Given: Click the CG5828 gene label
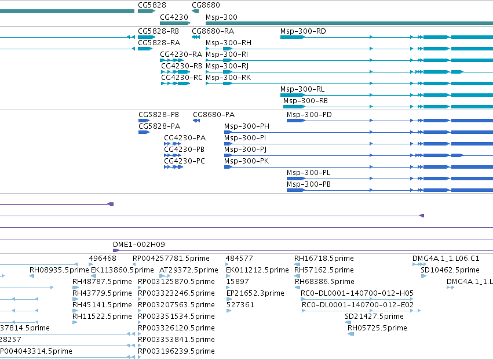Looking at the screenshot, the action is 152,5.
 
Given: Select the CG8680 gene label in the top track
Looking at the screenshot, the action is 206,5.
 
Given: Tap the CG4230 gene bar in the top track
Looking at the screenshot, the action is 175,23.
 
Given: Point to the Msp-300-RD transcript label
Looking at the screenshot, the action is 303,31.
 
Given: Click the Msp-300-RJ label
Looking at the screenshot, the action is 227,66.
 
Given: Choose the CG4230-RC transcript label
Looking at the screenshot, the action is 182,78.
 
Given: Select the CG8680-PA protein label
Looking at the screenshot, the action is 214,115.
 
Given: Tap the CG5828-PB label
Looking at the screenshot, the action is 159,115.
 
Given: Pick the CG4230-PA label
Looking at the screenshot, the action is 185,138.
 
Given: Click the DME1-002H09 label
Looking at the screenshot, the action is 139,245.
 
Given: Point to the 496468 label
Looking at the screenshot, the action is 103,259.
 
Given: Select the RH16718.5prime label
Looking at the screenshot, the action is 324,259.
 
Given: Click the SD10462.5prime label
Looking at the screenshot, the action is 450,270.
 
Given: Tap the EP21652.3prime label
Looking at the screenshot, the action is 255,293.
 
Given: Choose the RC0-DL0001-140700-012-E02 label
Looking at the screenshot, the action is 357,304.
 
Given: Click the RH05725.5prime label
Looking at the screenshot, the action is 377,328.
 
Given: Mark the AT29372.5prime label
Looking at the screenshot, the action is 189,270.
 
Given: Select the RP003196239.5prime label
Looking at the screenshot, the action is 176,351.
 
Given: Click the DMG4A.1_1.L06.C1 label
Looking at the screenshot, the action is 446,259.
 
